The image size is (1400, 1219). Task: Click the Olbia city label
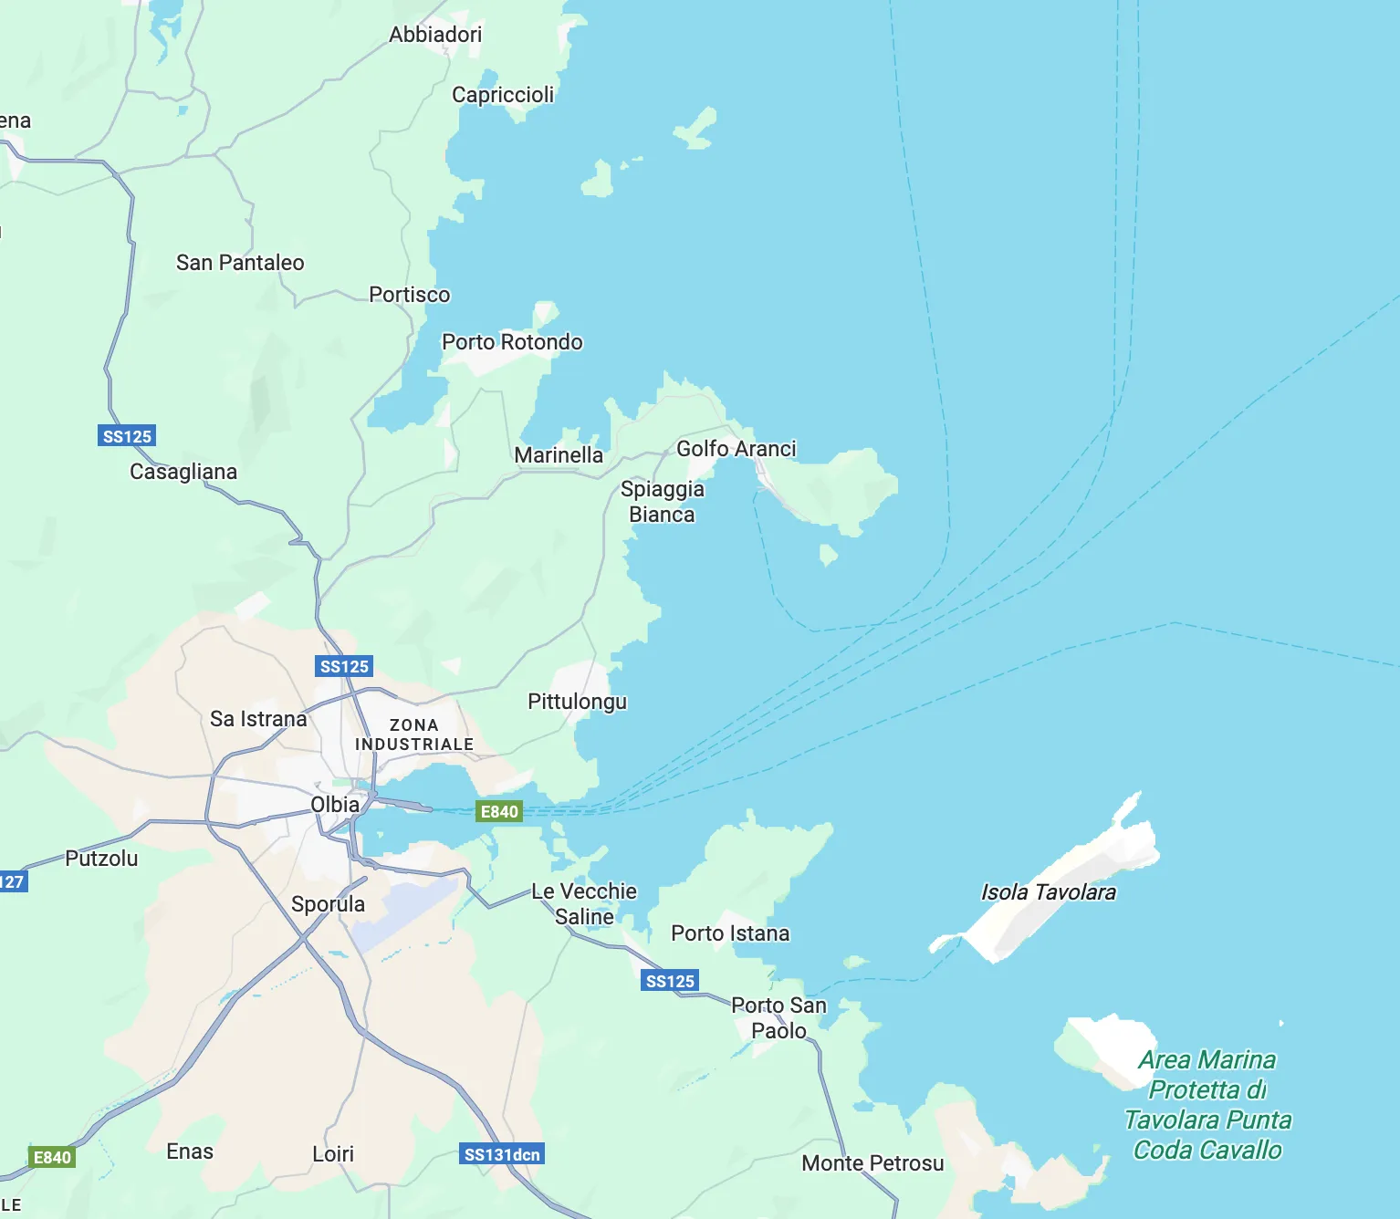tap(335, 805)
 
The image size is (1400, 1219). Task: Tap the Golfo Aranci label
tap(736, 449)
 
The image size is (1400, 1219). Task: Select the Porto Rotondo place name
tap(512, 342)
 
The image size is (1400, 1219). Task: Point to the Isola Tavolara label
tap(1048, 892)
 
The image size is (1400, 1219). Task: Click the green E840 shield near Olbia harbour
tap(499, 812)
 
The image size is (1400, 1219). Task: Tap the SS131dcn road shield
tap(502, 1154)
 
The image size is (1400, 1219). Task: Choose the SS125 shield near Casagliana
tap(127, 436)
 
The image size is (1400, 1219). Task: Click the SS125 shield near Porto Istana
tap(670, 981)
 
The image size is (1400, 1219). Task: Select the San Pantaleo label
tap(240, 263)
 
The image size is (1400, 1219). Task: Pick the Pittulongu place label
tap(578, 702)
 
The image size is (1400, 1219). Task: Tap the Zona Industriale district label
tap(414, 735)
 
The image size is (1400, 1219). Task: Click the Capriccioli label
tap(503, 95)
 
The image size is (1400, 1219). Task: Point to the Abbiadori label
tap(435, 35)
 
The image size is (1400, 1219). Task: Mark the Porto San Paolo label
tap(778, 1017)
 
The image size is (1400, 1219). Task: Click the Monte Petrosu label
tap(872, 1163)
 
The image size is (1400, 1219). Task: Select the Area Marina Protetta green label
tap(1207, 1104)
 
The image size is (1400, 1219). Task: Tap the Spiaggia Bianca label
tap(663, 502)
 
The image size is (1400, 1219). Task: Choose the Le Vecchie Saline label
tap(584, 903)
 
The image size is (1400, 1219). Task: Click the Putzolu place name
tap(101, 859)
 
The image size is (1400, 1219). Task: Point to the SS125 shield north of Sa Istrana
tap(344, 666)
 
